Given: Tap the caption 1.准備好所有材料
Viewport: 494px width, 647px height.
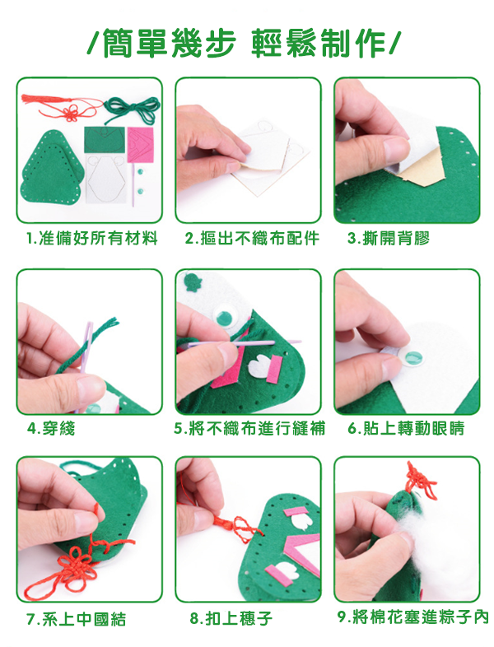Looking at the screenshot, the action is (x=92, y=238).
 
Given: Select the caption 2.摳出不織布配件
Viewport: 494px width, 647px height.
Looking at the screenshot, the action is (x=252, y=238).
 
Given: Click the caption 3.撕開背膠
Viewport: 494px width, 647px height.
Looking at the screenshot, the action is (x=389, y=238).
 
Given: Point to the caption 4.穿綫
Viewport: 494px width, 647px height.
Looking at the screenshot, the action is (x=51, y=429).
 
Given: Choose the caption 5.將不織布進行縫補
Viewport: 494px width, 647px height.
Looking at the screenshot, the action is (x=249, y=429).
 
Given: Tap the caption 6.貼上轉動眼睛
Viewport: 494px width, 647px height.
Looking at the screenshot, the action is (x=406, y=428).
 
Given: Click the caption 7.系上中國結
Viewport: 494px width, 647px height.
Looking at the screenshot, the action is (x=76, y=619).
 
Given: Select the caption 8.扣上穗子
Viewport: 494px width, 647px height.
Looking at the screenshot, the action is (x=231, y=618).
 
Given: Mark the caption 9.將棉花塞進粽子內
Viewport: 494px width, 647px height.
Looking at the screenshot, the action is (x=412, y=617).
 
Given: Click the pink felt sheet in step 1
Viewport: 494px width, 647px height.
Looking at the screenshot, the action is (x=140, y=144).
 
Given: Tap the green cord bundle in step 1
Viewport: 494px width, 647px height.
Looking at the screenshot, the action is (x=132, y=109).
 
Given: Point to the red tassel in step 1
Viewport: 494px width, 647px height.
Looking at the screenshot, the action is (x=62, y=106).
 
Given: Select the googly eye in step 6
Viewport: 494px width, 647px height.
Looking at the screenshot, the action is (x=412, y=358).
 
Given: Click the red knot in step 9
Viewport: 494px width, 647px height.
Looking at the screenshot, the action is (x=421, y=481).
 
